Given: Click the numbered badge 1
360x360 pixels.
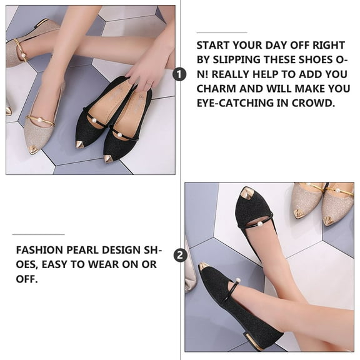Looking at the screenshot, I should (x=180, y=74).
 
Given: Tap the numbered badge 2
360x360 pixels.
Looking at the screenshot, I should (x=180, y=255).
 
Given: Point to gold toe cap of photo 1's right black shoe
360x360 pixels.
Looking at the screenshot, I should (x=109, y=158).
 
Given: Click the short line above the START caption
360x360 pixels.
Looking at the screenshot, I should (x=221, y=31).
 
